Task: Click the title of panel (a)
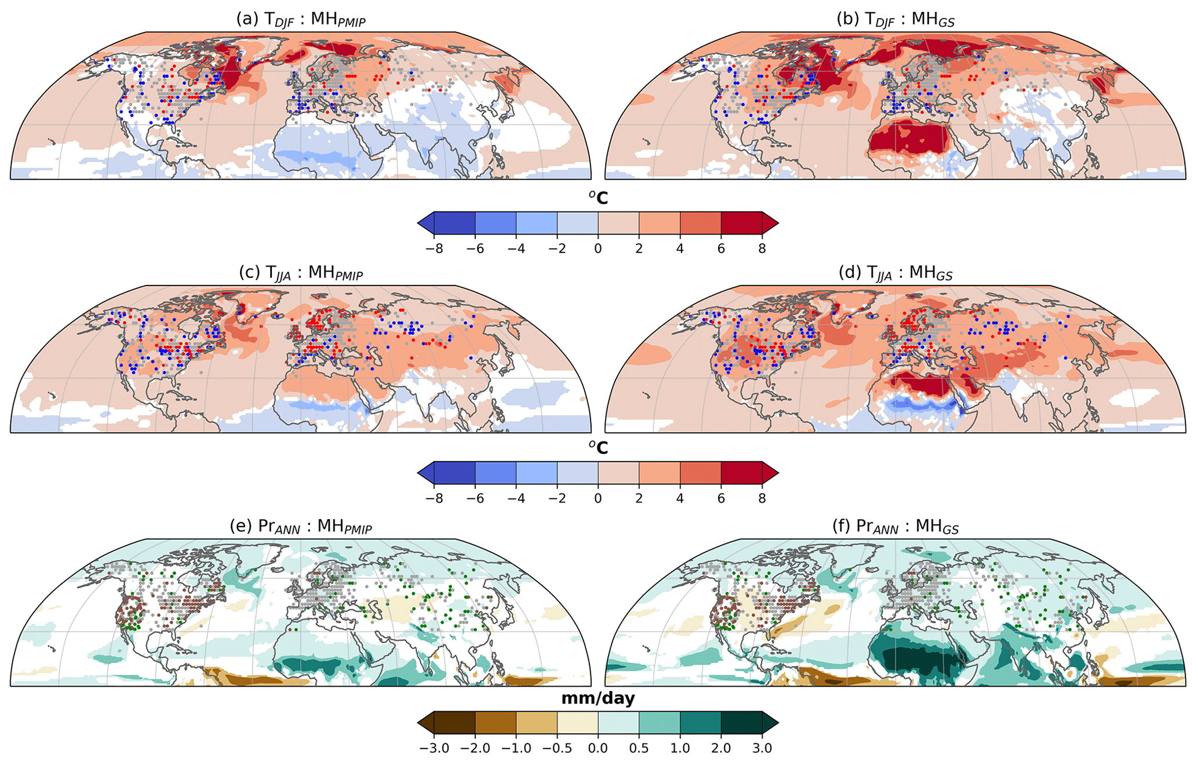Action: tap(300, 19)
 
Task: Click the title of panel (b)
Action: tap(895, 19)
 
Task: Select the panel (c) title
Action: tap(300, 272)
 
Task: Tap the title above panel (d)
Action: tap(895, 272)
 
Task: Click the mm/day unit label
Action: tap(598, 699)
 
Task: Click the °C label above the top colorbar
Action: tap(598, 198)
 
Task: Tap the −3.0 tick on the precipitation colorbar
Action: tap(434, 748)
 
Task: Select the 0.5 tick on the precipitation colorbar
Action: tap(639, 748)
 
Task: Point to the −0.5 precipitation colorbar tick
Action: tap(557, 748)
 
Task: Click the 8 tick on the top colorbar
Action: tap(762, 248)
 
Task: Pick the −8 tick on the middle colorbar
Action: tap(434, 498)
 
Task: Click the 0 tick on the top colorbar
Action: tap(598, 248)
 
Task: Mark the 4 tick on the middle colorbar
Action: tap(680, 498)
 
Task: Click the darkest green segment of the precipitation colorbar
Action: tap(741, 723)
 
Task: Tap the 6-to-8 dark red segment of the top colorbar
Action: tap(741, 223)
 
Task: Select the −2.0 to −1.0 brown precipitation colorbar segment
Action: tap(496, 723)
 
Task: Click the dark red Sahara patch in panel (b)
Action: tap(910, 139)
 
